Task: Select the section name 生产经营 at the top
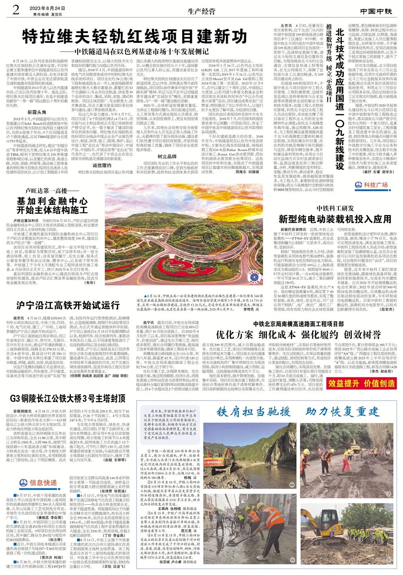(x=201, y=11)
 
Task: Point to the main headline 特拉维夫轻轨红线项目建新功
(x=135, y=37)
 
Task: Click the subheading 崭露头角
(x=37, y=111)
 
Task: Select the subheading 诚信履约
(x=102, y=165)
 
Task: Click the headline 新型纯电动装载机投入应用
(x=335, y=219)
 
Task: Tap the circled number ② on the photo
(x=389, y=494)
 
